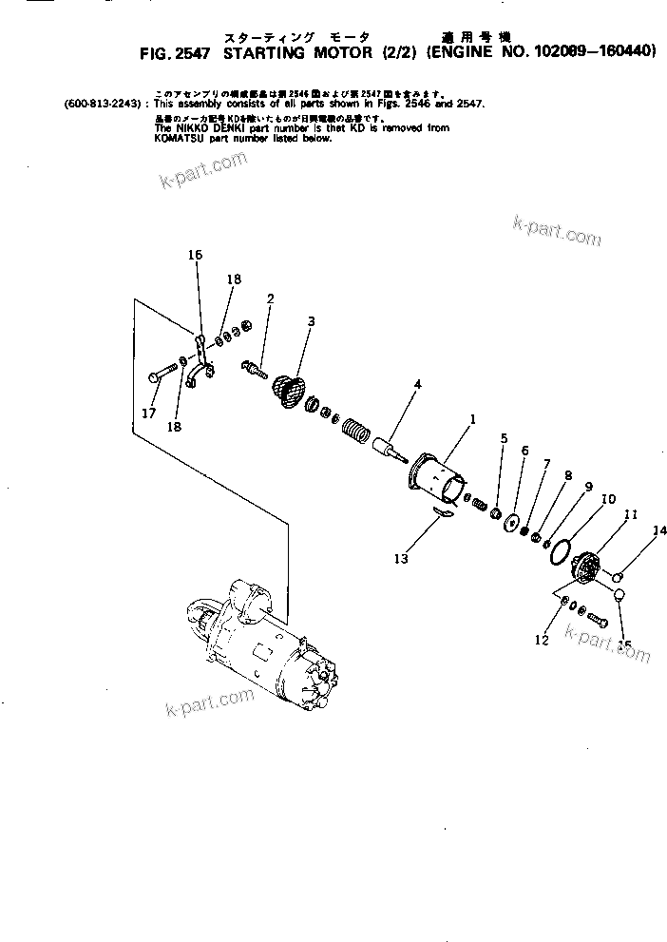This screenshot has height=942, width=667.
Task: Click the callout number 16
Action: point(195,255)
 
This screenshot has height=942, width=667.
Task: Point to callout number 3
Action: point(310,321)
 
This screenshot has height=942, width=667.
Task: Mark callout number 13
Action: point(401,559)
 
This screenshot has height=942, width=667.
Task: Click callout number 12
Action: point(542,640)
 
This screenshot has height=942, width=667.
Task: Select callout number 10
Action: point(608,498)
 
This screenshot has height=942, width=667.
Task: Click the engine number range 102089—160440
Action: point(593,52)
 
